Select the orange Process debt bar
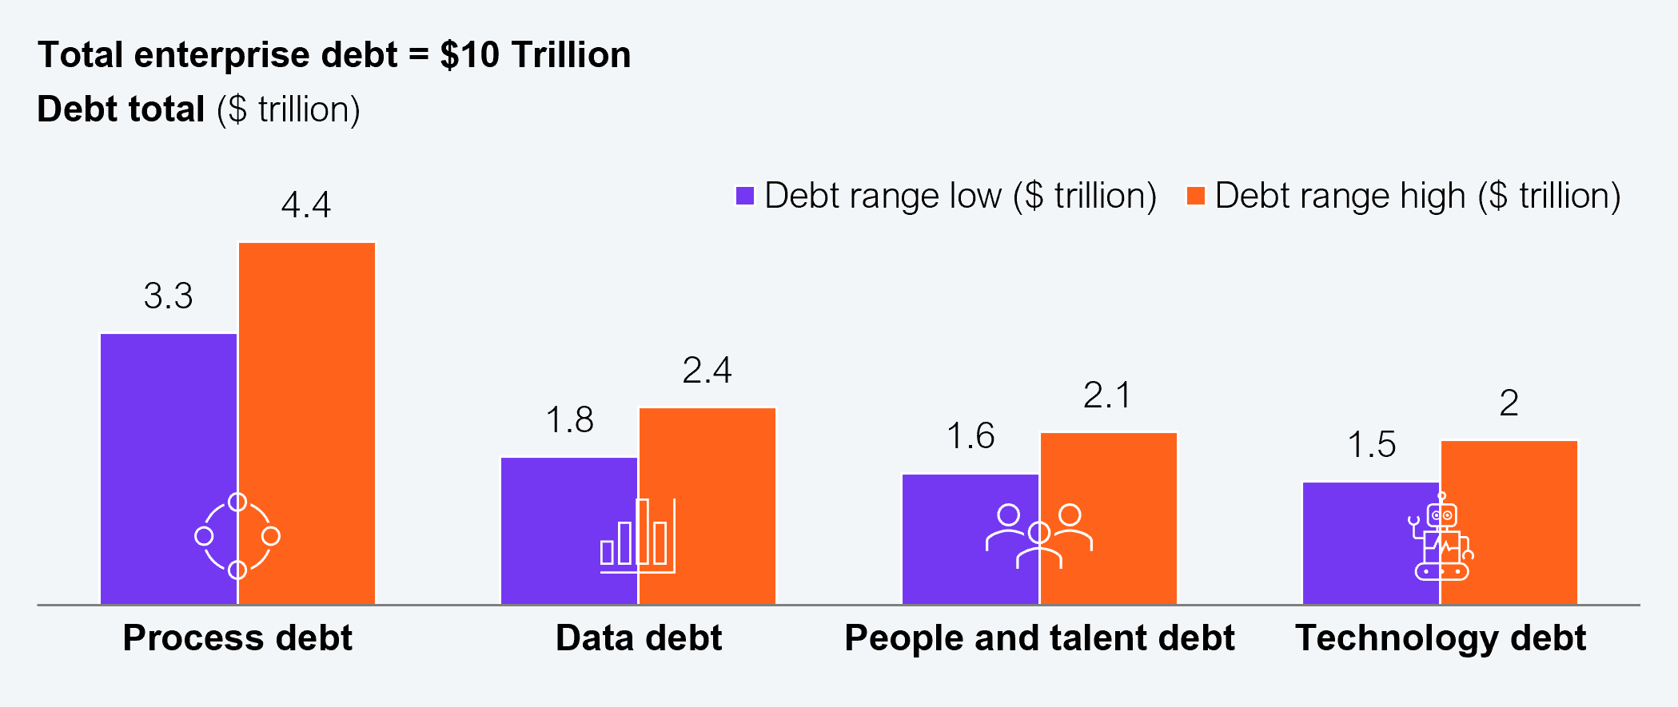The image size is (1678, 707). click(307, 383)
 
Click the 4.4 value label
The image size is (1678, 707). click(306, 205)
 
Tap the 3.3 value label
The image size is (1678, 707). click(169, 296)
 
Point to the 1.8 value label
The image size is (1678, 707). click(569, 420)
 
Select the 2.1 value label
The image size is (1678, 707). click(1108, 395)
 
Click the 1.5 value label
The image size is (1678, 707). click(1372, 445)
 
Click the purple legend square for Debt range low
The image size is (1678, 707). click(745, 196)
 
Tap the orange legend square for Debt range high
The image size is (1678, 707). click(1196, 196)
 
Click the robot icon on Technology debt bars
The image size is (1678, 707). click(1441, 537)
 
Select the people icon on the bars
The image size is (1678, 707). click(1039, 536)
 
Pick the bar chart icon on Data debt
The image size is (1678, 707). click(638, 536)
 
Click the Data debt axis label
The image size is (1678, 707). click(639, 638)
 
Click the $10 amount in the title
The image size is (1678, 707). click(470, 55)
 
